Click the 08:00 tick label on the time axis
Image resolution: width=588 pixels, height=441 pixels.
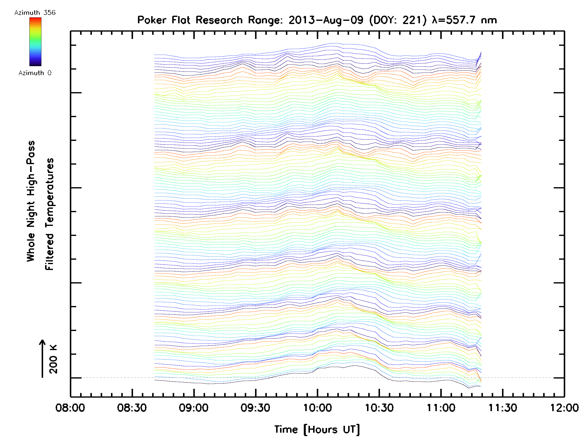[x=70, y=407]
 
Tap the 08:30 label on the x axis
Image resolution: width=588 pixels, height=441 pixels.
[x=132, y=407]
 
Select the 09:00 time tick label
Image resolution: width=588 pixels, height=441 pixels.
[x=194, y=407]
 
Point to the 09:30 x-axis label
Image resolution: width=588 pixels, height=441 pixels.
[x=255, y=407]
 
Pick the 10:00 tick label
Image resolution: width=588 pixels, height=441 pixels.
[x=317, y=407]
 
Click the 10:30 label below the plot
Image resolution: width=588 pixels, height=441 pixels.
[x=379, y=407]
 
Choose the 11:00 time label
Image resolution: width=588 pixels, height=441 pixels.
[x=441, y=407]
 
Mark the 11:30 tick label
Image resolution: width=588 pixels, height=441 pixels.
[x=503, y=407]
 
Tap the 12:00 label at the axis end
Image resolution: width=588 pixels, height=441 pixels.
[x=564, y=407]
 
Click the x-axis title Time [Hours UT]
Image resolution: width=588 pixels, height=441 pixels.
[x=317, y=429]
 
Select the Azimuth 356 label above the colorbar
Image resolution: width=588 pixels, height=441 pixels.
[x=35, y=13]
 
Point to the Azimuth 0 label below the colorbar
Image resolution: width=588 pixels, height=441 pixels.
[x=35, y=73]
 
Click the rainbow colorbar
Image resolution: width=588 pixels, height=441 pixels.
[x=35, y=42]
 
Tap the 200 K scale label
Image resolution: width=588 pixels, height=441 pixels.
[x=53, y=359]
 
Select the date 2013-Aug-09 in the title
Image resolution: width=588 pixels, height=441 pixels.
[x=326, y=20]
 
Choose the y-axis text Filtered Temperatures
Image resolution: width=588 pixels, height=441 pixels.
[x=49, y=214]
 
